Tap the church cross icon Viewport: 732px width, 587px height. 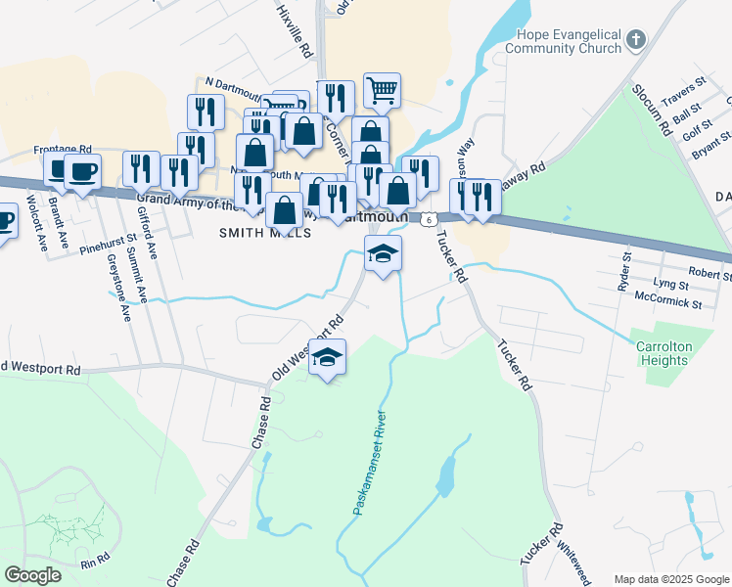(x=636, y=40)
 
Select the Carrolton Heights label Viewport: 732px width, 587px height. (x=663, y=353)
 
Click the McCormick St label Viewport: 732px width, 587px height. (x=667, y=304)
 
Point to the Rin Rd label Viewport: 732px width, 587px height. (x=96, y=563)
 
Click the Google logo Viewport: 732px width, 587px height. (x=33, y=575)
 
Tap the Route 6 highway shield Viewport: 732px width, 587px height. (x=430, y=220)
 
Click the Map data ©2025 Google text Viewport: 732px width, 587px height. (x=670, y=579)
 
